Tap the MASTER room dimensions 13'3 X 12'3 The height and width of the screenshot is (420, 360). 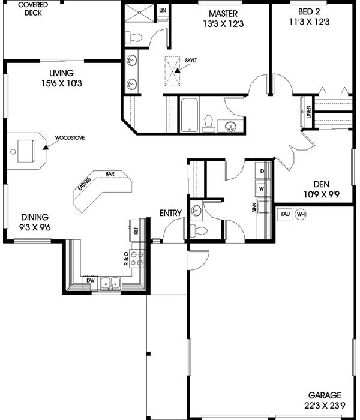coord(223,23)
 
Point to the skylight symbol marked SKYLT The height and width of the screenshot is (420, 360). coord(173,71)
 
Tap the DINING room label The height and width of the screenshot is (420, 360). coord(35,217)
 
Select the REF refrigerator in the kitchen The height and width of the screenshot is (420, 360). coord(135,229)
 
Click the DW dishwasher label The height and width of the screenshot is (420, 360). coord(90,280)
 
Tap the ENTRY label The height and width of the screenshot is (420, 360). coord(170,213)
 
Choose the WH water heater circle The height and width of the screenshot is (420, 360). coord(301,214)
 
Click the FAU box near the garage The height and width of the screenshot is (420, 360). coord(284,214)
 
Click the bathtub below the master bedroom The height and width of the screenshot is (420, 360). coord(189,114)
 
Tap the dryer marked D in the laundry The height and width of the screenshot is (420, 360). coord(262,172)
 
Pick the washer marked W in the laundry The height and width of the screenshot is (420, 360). coord(262,188)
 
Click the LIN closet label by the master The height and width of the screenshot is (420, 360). coord(162,10)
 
